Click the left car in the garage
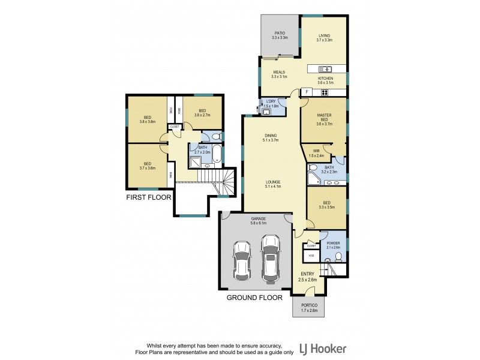(242, 260)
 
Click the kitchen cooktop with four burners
(325, 92)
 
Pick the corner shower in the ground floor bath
(314, 177)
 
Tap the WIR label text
(312, 152)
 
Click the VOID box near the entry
(311, 256)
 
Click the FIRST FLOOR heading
(148, 196)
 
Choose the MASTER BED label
(325, 118)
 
